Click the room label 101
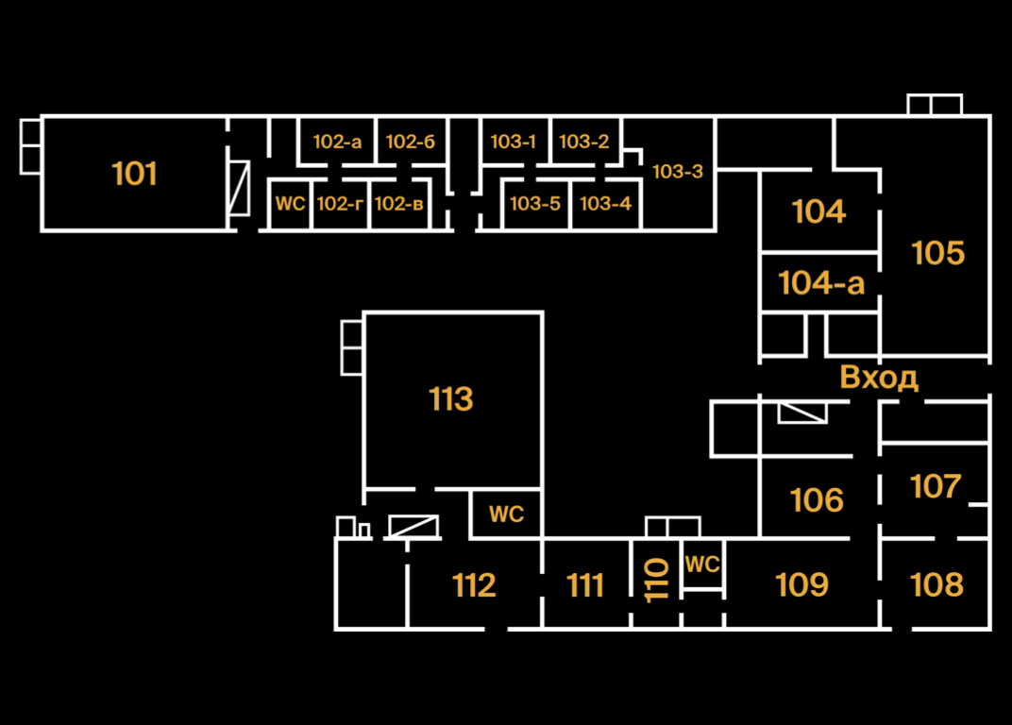pyautogui.click(x=134, y=174)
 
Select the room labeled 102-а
pyautogui.click(x=337, y=143)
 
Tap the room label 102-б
pyautogui.click(x=411, y=143)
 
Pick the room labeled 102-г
pyautogui.click(x=340, y=203)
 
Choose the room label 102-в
pyautogui.click(x=398, y=203)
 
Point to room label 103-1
pyautogui.click(x=514, y=143)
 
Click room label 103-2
pyautogui.click(x=584, y=143)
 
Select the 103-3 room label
pyautogui.click(x=678, y=172)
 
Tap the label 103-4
pyautogui.click(x=606, y=203)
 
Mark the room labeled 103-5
pyautogui.click(x=535, y=203)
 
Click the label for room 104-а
pyautogui.click(x=821, y=282)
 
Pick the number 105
pyautogui.click(x=938, y=253)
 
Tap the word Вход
pyautogui.click(x=879, y=378)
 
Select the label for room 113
pyautogui.click(x=451, y=399)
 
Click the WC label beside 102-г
pyautogui.click(x=291, y=203)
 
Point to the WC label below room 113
pyautogui.click(x=506, y=514)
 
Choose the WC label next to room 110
pyautogui.click(x=702, y=565)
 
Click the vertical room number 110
pyautogui.click(x=657, y=580)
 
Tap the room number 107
pyautogui.click(x=936, y=487)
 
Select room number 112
pyautogui.click(x=474, y=585)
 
